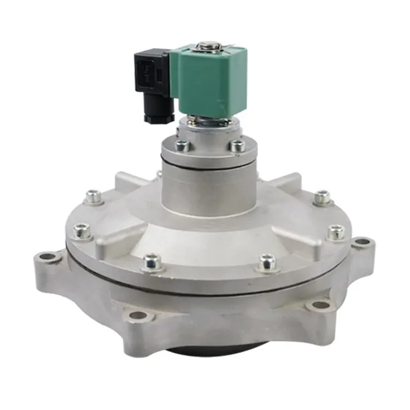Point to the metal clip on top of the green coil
(206, 45)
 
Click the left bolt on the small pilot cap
(182, 146)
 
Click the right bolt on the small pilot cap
(237, 146)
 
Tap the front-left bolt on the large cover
(153, 262)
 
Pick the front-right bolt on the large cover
(267, 262)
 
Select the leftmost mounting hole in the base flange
(48, 256)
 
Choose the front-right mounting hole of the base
(320, 304)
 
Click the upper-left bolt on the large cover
(94, 196)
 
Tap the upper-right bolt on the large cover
(323, 197)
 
